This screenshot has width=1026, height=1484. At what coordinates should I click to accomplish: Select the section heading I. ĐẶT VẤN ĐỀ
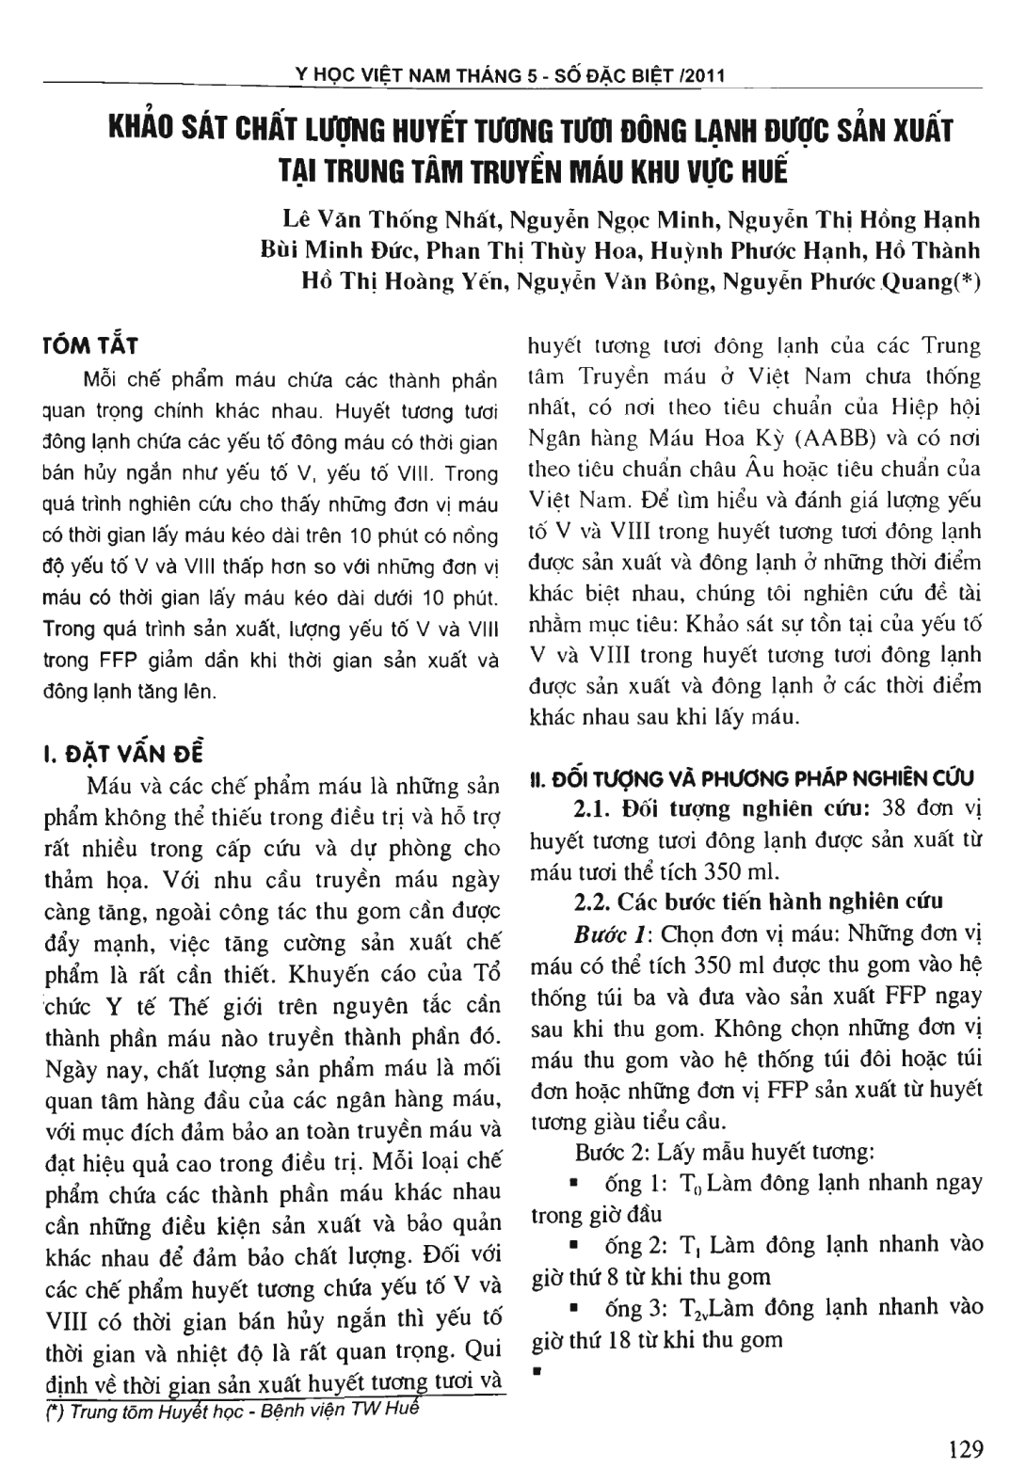[122, 754]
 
